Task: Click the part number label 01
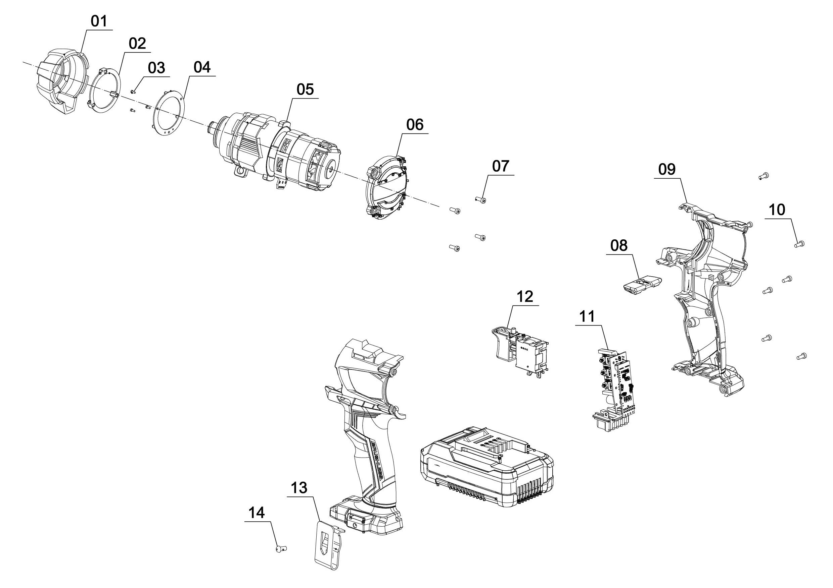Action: point(99,21)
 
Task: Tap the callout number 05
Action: point(305,90)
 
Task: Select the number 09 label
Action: point(667,170)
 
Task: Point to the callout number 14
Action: point(257,513)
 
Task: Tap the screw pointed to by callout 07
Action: point(481,199)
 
